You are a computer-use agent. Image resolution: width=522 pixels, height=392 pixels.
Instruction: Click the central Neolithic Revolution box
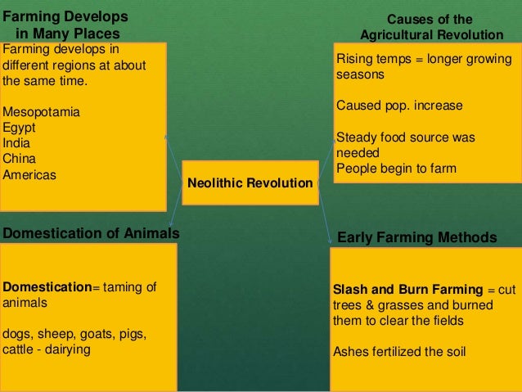point(250,183)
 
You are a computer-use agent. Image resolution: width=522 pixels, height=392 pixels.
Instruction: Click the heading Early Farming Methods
point(416,237)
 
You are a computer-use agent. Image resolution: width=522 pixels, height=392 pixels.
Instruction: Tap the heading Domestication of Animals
point(91,233)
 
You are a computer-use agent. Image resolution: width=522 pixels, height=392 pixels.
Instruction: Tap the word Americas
point(29,174)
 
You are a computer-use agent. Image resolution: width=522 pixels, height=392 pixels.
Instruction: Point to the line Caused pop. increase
point(399,106)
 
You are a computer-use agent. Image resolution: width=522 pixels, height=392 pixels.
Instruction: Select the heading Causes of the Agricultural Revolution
point(430,27)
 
